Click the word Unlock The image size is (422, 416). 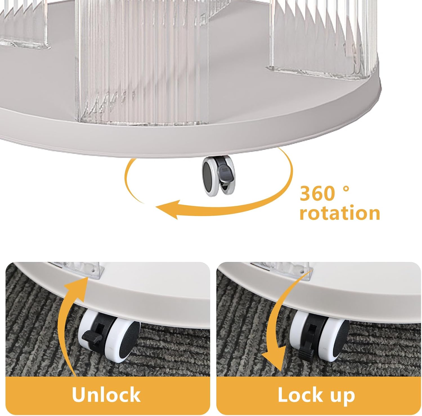coord(106,395)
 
